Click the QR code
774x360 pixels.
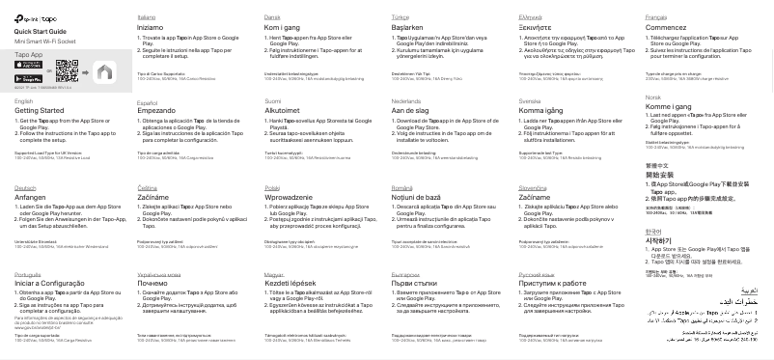point(67,69)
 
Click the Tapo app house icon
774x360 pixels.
point(104,70)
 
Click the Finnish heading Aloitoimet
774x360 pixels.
point(285,111)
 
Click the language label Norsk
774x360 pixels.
point(652,98)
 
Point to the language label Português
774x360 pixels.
point(28,274)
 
